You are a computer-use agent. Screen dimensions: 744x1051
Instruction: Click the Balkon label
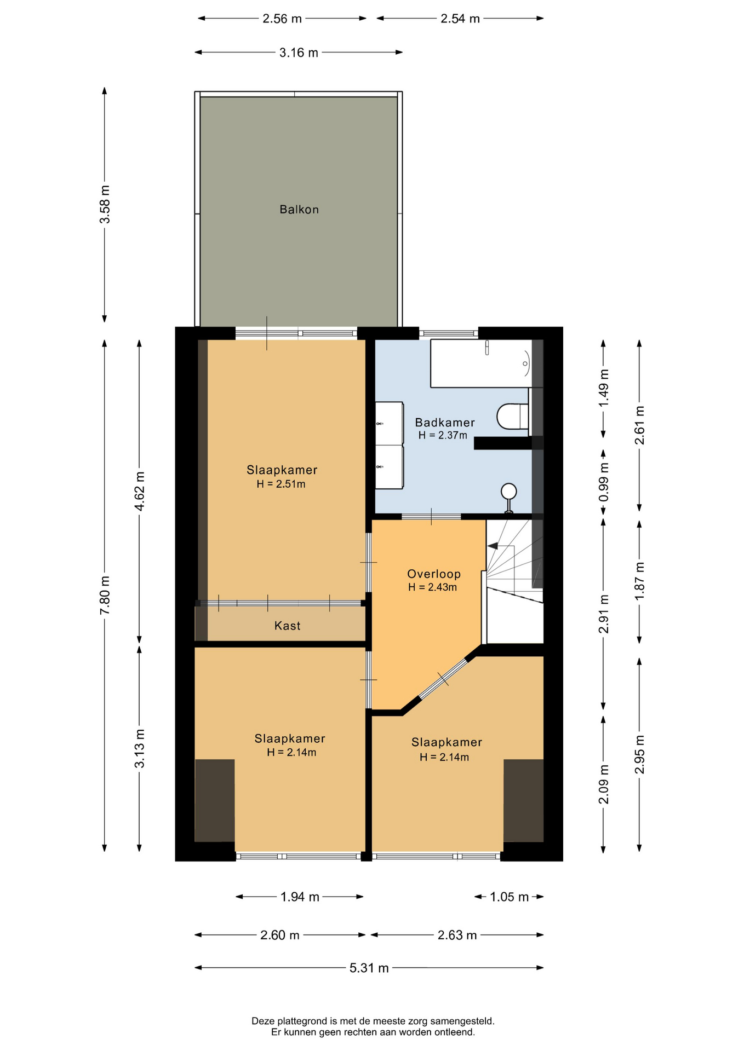pyautogui.click(x=299, y=209)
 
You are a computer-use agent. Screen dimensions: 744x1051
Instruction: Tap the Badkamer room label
pyautogui.click(x=444, y=422)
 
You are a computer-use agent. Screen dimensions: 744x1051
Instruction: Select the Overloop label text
pyautogui.click(x=433, y=574)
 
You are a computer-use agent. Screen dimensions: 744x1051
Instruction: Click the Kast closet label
pyautogui.click(x=287, y=626)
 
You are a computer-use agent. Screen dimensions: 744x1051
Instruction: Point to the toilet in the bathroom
pyautogui.click(x=513, y=416)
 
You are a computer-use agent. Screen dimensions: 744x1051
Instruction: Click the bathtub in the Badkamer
pyautogui.click(x=481, y=363)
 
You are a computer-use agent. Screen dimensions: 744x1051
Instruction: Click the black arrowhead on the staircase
pyautogui.click(x=493, y=546)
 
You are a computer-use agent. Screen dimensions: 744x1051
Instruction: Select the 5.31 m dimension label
pyautogui.click(x=369, y=968)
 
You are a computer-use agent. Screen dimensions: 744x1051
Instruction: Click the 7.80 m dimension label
pyautogui.click(x=105, y=595)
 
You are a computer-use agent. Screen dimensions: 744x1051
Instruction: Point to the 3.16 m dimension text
pyautogui.click(x=299, y=53)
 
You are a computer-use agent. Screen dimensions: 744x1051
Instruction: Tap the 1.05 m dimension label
pyautogui.click(x=509, y=897)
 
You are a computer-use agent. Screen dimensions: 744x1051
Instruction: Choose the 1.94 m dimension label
pyautogui.click(x=300, y=897)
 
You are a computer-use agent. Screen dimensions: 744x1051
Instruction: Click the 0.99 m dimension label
pyautogui.click(x=603, y=482)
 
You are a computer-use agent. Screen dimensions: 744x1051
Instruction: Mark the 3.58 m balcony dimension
pyautogui.click(x=105, y=204)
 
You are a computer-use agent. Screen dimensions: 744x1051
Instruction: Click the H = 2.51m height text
pyautogui.click(x=281, y=484)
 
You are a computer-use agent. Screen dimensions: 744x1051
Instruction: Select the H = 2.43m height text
pyautogui.click(x=432, y=587)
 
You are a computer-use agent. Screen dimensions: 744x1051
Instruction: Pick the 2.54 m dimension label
pyautogui.click(x=460, y=19)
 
